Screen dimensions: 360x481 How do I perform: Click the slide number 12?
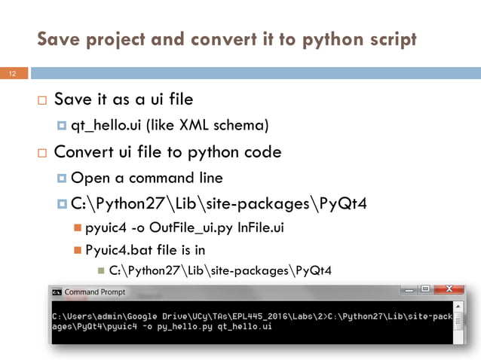tap(12, 74)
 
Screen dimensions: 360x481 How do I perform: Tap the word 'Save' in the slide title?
tap(60, 39)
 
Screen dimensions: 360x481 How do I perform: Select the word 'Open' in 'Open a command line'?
tap(88, 178)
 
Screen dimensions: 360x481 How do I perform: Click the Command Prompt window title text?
tap(96, 291)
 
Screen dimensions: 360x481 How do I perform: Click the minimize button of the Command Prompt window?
tap(409, 289)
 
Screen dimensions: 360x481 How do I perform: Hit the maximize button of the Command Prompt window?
tap(426, 289)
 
